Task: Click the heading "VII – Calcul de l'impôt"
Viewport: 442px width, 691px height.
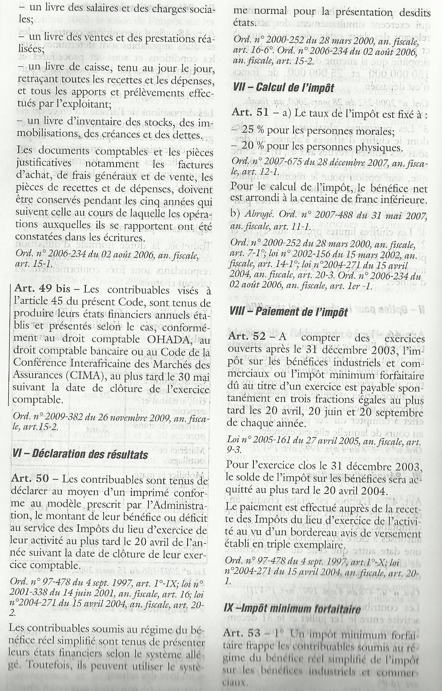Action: [x=283, y=87]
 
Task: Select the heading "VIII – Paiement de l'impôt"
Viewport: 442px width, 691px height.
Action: [x=289, y=312]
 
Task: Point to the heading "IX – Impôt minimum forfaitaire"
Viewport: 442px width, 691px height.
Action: [x=292, y=609]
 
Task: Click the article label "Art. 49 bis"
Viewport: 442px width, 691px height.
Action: [x=42, y=289]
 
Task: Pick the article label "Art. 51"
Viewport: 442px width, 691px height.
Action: [x=250, y=112]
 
